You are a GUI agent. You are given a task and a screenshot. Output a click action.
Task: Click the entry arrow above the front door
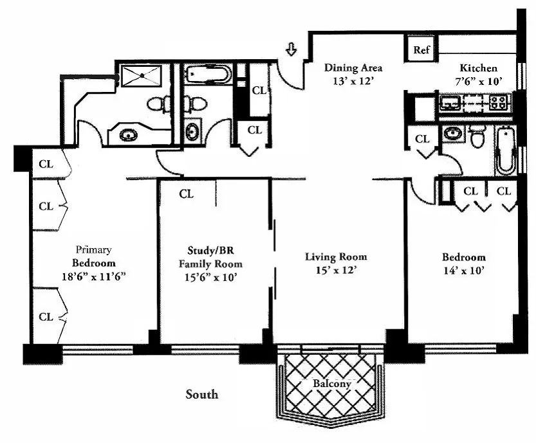(x=291, y=49)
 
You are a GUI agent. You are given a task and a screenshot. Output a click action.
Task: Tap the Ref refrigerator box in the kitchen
(x=422, y=50)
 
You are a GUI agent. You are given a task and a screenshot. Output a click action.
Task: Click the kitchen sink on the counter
(x=448, y=101)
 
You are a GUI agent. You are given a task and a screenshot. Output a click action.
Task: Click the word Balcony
(x=332, y=384)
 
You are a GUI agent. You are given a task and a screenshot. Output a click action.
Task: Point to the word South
(x=201, y=394)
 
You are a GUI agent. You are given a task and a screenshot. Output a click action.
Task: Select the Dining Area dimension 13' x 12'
(x=353, y=81)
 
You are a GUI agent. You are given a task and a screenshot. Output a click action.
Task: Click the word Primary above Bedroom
(x=94, y=249)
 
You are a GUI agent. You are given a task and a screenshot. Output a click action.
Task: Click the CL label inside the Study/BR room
(x=187, y=194)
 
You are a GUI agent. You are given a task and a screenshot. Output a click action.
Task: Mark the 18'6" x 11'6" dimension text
(x=94, y=277)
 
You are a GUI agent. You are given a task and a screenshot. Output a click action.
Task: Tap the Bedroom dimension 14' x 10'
(x=463, y=271)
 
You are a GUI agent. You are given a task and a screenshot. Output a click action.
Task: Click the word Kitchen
(x=477, y=68)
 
